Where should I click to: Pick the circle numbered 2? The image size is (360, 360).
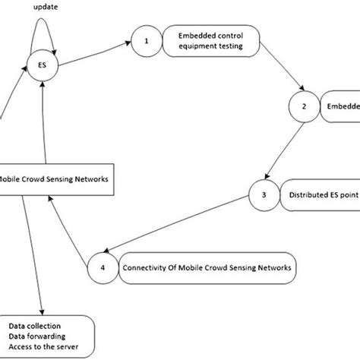coord(303,106)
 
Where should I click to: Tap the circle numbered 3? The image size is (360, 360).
coord(263,194)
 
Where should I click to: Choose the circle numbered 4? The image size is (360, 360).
coord(102,267)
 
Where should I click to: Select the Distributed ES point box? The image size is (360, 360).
coord(319,194)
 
